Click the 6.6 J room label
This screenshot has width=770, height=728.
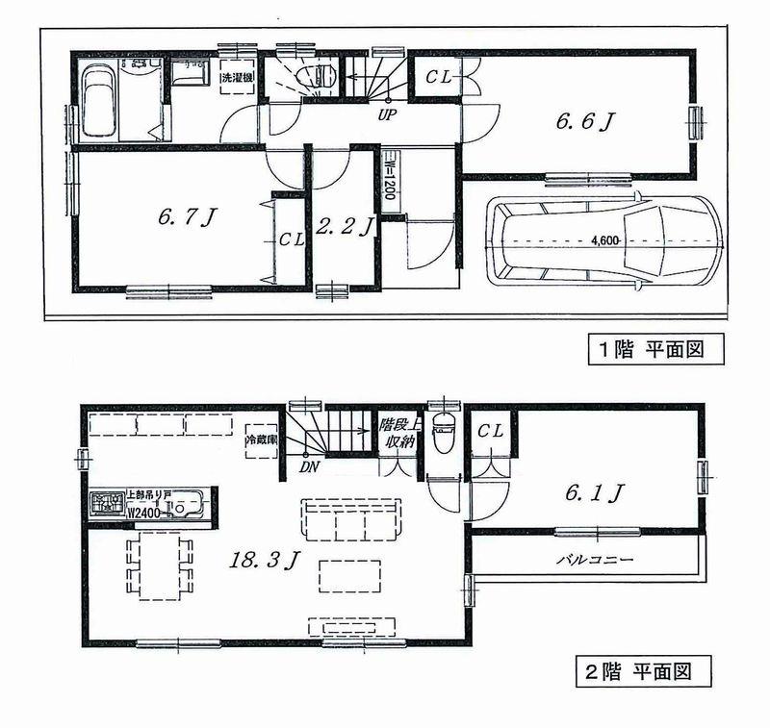point(584,121)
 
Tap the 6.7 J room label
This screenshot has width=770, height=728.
point(186,217)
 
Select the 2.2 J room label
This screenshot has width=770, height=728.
point(344,228)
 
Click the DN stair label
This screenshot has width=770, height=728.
point(310,468)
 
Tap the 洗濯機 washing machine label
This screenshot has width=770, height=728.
point(235,77)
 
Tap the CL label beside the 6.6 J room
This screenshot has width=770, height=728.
point(440,74)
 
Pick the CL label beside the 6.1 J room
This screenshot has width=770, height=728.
point(490,432)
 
